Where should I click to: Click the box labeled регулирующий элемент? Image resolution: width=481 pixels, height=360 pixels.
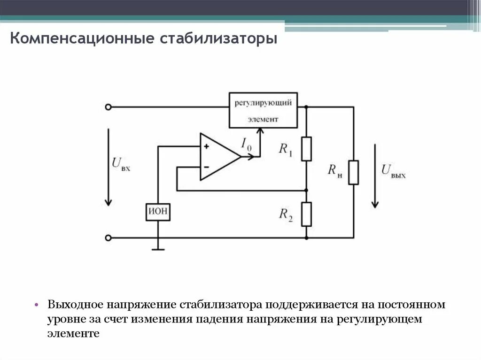point(263,110)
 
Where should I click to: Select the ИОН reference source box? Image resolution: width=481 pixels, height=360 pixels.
point(158,212)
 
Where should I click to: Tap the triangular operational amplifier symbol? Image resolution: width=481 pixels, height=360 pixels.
point(217,157)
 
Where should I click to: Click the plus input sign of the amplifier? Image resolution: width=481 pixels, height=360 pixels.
point(206,146)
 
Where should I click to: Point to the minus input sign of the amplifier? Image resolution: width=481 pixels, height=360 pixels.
point(206,167)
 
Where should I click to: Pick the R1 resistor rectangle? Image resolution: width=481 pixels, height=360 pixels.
point(306,149)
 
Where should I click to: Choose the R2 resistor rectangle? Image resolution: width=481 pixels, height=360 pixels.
point(306,214)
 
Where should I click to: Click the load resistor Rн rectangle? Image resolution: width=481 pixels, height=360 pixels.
point(353,172)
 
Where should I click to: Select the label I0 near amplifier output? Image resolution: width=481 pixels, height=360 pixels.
point(246,144)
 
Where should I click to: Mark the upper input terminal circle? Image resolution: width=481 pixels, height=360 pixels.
point(108,107)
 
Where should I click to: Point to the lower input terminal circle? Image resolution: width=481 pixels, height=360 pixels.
point(108,238)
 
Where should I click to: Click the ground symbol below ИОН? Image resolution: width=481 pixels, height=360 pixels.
point(158,248)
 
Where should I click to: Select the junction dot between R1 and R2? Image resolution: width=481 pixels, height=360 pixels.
point(306,191)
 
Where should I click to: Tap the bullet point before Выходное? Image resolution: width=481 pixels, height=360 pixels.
point(36,305)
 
